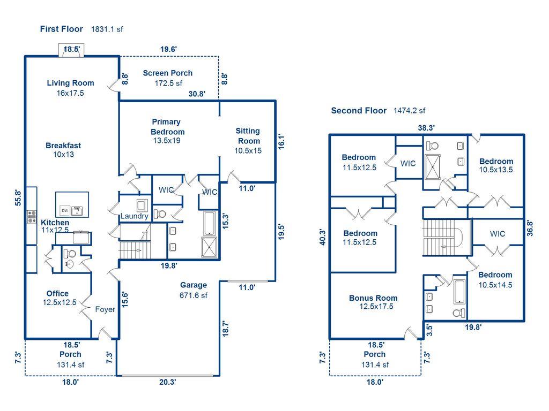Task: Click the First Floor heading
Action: click(x=61, y=29)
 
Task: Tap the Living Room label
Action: click(x=70, y=83)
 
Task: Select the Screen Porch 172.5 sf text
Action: click(x=167, y=78)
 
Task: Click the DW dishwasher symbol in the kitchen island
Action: click(x=64, y=209)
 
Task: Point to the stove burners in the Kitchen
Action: click(x=31, y=217)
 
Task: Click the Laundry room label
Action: click(x=134, y=216)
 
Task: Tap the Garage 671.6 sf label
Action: click(x=193, y=290)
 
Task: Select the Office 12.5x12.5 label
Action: click(x=57, y=298)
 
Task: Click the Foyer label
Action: click(x=105, y=309)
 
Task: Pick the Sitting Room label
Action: click(x=248, y=136)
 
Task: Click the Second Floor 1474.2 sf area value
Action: click(x=409, y=111)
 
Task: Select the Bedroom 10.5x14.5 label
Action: click(x=495, y=280)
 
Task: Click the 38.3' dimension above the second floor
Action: click(x=426, y=127)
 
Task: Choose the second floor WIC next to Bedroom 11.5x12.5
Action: click(x=408, y=163)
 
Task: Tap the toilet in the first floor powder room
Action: click(x=70, y=254)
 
